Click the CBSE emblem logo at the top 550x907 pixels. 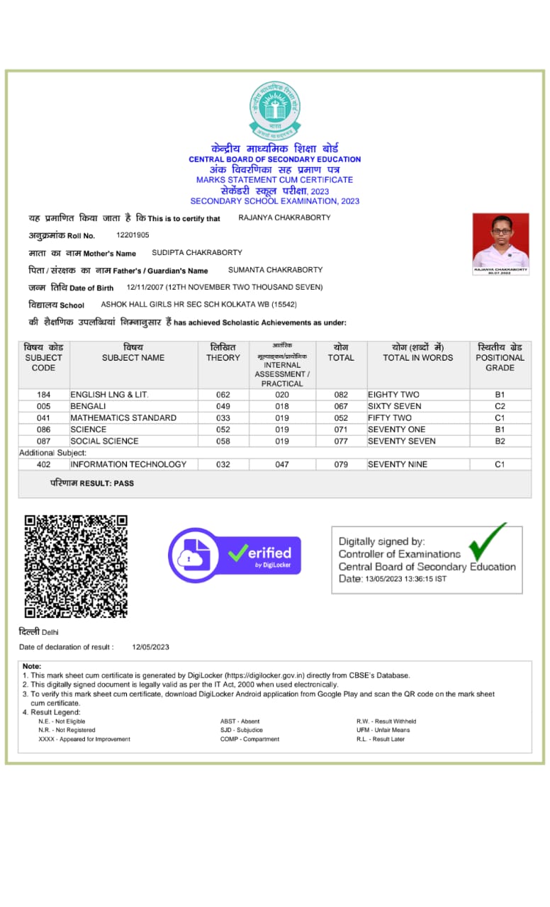point(274,110)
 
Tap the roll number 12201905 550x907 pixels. point(133,235)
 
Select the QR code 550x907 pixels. point(76,565)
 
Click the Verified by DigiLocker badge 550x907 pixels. point(234,555)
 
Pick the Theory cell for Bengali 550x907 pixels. point(223,406)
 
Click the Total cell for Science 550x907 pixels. point(341,429)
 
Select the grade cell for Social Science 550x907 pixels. point(500,441)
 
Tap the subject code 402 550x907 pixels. point(44,464)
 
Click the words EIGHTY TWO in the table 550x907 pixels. point(393,395)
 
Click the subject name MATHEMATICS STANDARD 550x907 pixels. point(123,418)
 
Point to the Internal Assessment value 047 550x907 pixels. point(282,464)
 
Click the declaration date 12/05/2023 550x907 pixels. point(150,647)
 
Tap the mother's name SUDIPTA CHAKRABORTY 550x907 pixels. point(197,252)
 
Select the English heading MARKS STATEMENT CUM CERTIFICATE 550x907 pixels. point(274,180)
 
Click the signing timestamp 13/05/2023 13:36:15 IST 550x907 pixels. point(405,579)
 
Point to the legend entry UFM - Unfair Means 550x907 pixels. point(383,730)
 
